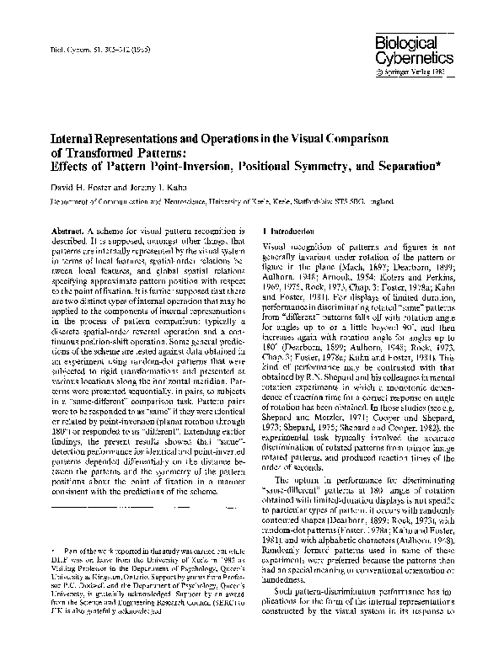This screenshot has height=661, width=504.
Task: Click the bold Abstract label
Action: click(x=56, y=231)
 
